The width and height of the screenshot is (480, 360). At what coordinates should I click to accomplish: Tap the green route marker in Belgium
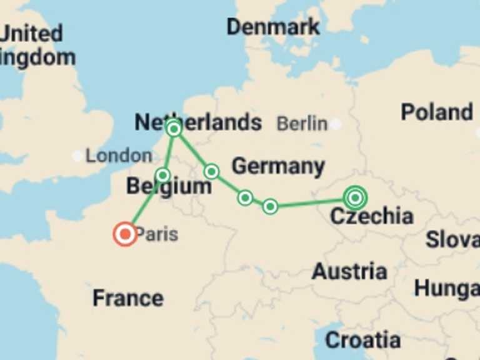[162, 175]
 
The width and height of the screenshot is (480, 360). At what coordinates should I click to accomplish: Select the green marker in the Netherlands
[174, 129]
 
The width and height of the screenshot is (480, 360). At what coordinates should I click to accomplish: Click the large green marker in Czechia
[355, 198]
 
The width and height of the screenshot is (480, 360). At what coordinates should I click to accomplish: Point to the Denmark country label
[273, 27]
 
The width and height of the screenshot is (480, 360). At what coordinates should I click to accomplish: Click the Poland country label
[437, 112]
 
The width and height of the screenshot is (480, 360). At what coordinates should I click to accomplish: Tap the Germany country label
[278, 167]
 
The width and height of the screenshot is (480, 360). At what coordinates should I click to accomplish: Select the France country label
[128, 298]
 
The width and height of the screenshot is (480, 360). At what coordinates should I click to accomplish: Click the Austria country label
[349, 272]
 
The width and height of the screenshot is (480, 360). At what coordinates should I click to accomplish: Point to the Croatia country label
[363, 340]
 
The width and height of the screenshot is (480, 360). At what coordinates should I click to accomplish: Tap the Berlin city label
[302, 124]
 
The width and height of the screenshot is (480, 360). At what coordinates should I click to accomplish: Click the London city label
[119, 156]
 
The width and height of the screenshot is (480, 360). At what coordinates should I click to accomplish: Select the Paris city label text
[157, 235]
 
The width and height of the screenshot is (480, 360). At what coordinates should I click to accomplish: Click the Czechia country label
[371, 217]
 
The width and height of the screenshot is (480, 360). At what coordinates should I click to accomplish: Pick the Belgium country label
[169, 186]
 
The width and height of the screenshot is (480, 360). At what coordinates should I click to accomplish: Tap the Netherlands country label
[198, 122]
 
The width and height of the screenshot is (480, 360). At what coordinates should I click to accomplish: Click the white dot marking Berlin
[336, 124]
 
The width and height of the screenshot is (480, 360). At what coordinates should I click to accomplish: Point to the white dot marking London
[77, 156]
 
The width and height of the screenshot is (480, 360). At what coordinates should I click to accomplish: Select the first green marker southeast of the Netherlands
[211, 171]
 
